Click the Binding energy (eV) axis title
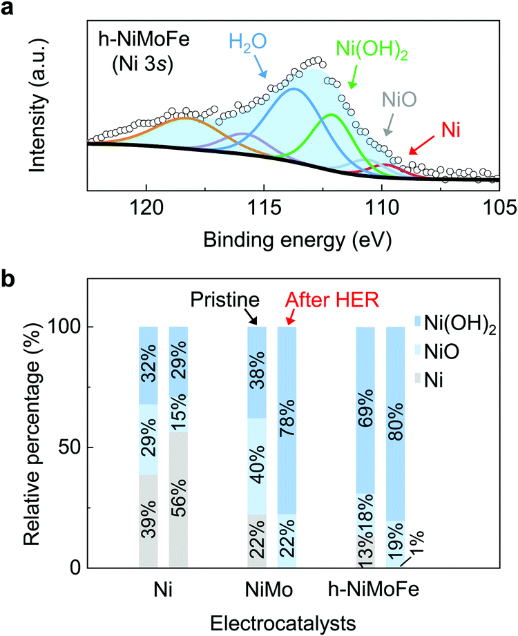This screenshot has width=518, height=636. click(x=293, y=240)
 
